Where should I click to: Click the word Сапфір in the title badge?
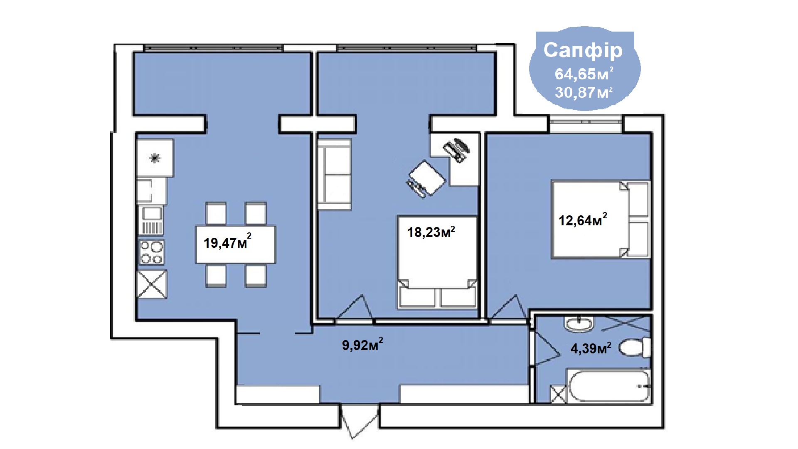pyautogui.click(x=583, y=51)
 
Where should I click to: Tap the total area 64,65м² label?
pyautogui.click(x=584, y=74)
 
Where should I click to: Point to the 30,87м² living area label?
pyautogui.click(x=584, y=92)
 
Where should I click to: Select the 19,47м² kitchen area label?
pyautogui.click(x=227, y=242)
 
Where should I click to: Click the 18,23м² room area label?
pyautogui.click(x=431, y=232)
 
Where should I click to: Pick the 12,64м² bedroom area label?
pyautogui.click(x=583, y=220)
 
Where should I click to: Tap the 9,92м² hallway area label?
pyautogui.click(x=362, y=344)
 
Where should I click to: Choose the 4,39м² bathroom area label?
pyautogui.click(x=591, y=348)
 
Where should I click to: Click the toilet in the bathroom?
pyautogui.click(x=635, y=347)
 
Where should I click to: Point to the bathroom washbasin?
pyautogui.click(x=579, y=323)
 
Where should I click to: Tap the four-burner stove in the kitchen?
pyautogui.click(x=151, y=252)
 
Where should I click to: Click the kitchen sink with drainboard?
pyautogui.click(x=151, y=220)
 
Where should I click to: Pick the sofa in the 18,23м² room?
pyautogui.click(x=334, y=174)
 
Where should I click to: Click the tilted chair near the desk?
pyautogui.click(x=426, y=179)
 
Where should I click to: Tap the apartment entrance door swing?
pyautogui.click(x=360, y=421)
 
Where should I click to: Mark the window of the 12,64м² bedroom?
pyautogui.click(x=586, y=123)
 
